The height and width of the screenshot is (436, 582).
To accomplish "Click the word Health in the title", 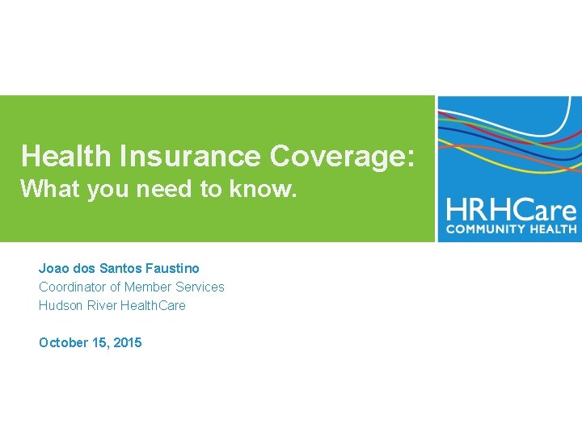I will [68, 156].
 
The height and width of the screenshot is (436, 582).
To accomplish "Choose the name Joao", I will [53, 267].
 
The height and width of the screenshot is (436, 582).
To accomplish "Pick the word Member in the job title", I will [150, 287].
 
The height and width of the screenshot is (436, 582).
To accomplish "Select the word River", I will [99, 305].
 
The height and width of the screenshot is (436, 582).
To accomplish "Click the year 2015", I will [128, 342].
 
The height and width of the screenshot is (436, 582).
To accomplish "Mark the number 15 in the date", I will [101, 342].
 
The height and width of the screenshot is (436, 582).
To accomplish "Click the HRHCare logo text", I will [512, 212].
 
